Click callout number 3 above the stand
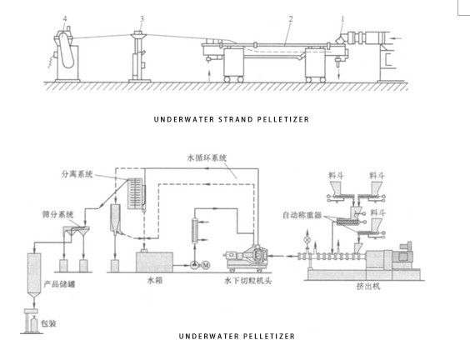142,18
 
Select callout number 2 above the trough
290,18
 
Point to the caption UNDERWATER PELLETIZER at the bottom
236,337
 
